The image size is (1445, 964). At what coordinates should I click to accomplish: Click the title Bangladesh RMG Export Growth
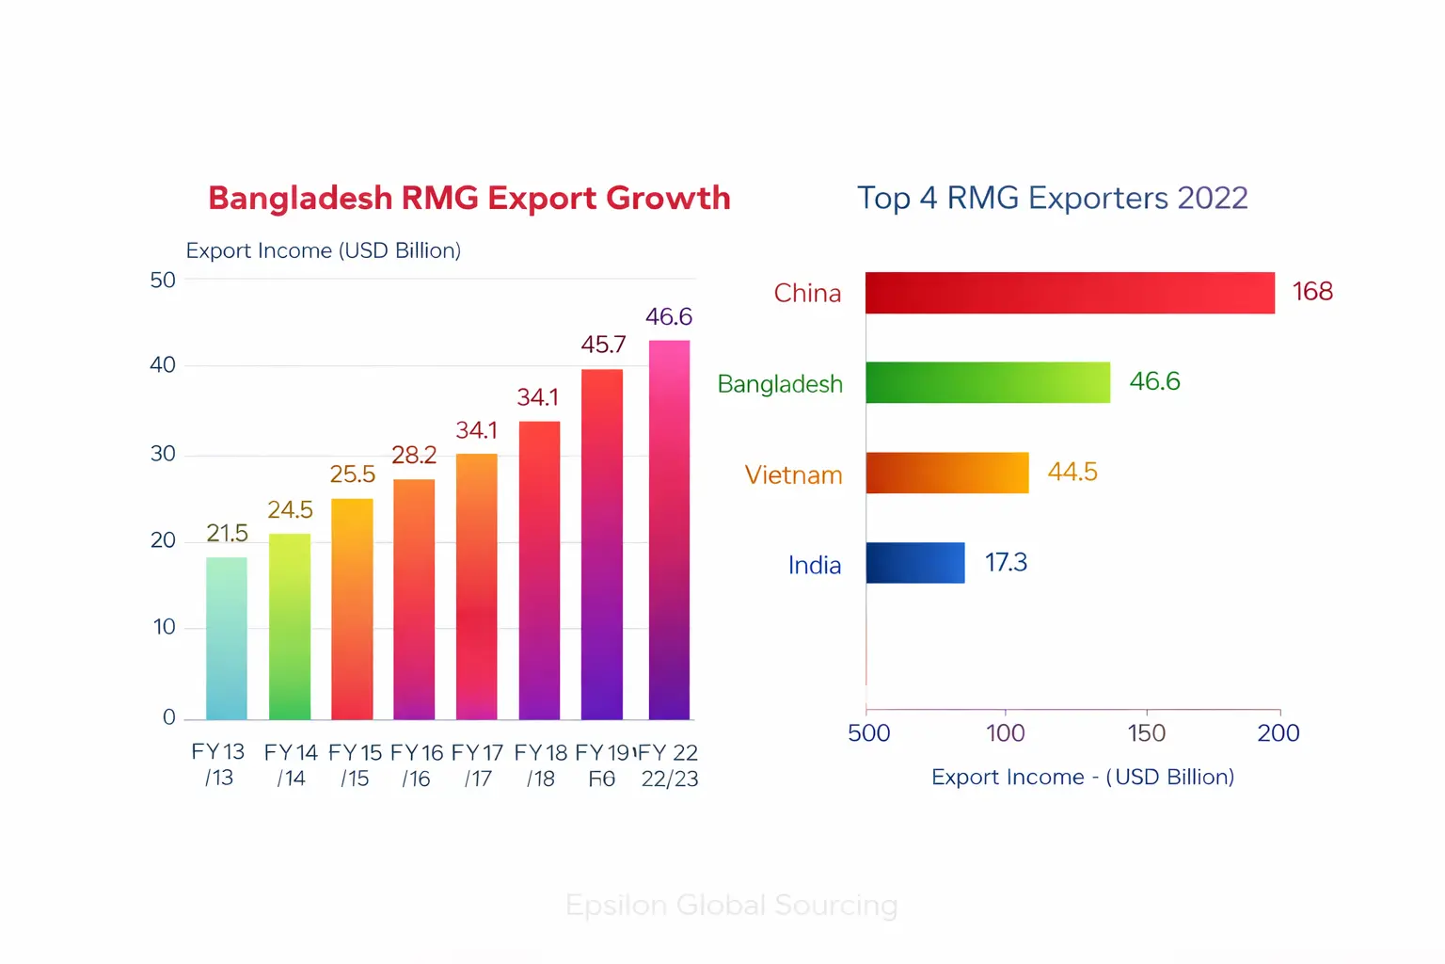468,199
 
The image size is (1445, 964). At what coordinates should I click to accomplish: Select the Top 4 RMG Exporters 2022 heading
1052,199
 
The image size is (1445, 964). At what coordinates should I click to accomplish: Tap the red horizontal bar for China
1070,293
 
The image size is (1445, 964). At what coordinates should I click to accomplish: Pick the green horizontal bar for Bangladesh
987,382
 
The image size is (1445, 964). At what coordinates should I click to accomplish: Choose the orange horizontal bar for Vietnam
946,473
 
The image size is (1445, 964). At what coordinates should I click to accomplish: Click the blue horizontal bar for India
914,563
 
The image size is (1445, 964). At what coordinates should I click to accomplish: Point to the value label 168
1312,292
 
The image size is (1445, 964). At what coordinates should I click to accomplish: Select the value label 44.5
1072,472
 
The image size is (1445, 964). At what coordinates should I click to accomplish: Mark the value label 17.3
1006,563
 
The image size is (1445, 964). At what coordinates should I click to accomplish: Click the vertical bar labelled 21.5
227,638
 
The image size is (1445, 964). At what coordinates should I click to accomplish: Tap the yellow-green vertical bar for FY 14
290,626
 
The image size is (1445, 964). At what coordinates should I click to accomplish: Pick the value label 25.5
352,474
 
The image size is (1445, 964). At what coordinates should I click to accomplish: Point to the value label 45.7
603,345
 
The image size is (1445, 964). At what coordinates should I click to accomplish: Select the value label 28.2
414,456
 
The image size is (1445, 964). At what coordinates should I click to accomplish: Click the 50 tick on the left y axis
163,281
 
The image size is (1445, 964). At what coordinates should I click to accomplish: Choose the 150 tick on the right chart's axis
1146,733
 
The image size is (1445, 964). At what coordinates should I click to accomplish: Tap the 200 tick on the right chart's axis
1278,733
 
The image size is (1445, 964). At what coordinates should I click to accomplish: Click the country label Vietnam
793,474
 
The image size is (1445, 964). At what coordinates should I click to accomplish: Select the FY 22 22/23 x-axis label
669,765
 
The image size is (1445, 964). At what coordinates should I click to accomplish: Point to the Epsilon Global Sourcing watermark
731,905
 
